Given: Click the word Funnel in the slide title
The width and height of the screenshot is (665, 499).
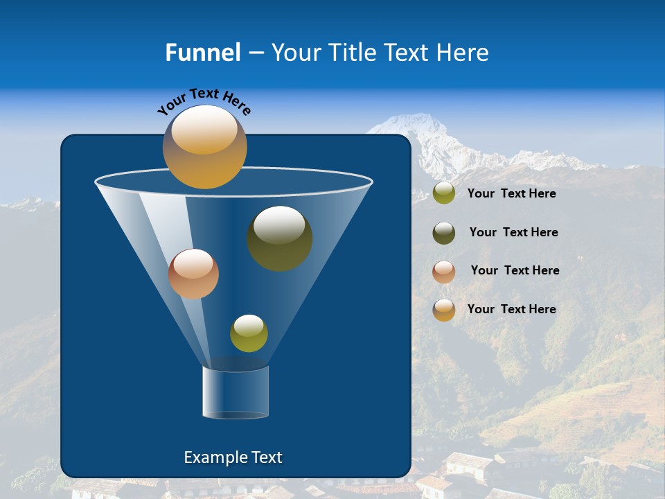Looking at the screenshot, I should (x=202, y=53).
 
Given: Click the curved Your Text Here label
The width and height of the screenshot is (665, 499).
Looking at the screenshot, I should (x=204, y=101).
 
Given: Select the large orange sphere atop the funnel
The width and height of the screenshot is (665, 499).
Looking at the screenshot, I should (x=205, y=147).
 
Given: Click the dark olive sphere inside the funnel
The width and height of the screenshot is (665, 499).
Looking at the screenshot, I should (x=280, y=238).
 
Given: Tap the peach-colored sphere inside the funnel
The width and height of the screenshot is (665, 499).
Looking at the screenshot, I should (x=193, y=274).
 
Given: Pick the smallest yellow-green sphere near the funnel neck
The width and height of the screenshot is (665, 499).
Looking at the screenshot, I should (x=249, y=333).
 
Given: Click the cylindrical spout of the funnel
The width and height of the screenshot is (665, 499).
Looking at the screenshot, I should (x=236, y=392).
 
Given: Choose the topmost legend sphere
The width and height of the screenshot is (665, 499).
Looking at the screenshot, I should (x=444, y=193).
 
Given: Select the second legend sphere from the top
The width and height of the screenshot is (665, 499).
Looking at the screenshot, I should (x=444, y=233).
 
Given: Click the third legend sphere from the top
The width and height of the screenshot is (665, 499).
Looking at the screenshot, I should (x=444, y=272).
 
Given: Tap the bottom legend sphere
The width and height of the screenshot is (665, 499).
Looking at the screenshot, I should (x=444, y=310).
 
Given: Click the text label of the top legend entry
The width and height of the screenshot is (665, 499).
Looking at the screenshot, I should (x=511, y=194).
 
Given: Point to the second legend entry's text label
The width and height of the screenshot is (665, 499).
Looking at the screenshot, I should (x=513, y=233).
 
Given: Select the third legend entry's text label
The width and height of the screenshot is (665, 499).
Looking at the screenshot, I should (x=515, y=271).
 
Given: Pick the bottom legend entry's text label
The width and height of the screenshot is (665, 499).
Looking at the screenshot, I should (x=511, y=309).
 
